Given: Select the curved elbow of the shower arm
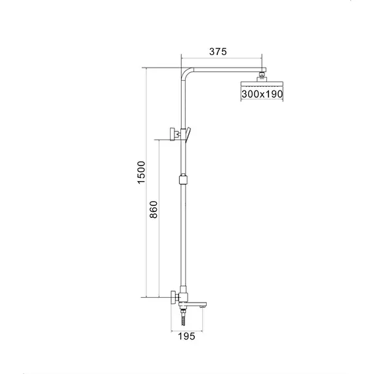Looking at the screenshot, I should click(x=186, y=73).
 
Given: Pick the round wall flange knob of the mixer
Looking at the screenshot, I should click(x=172, y=297).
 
